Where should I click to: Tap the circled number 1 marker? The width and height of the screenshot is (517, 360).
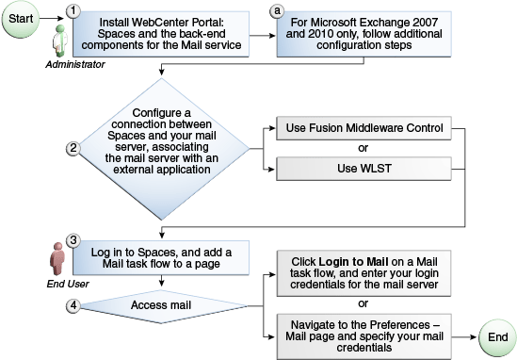[x=71, y=10]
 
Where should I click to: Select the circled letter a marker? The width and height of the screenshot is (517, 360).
[x=276, y=10]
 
